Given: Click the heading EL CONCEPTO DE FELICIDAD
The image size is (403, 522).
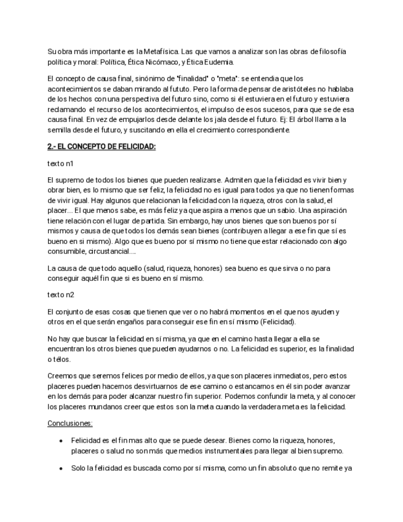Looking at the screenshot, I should [x=102, y=147].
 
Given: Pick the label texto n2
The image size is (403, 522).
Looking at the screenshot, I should [x=61, y=294].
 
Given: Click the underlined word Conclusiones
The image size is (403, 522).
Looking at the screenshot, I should [x=70, y=424].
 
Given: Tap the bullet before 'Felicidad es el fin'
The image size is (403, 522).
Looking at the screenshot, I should [x=60, y=441].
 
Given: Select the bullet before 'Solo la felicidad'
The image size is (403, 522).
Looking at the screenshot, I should [x=60, y=468].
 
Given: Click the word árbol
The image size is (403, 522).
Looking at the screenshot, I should [x=314, y=119].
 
